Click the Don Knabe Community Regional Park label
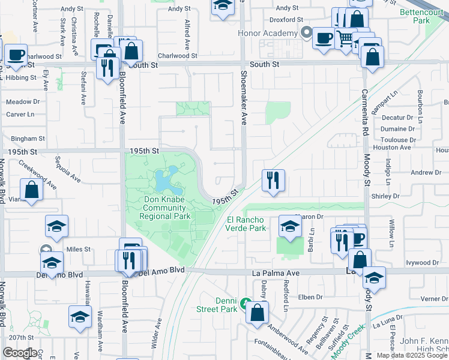165,208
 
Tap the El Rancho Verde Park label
246,224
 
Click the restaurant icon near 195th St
273,179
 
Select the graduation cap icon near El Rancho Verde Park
290,227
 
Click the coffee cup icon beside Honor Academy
324,38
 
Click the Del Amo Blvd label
161,272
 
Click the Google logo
20,352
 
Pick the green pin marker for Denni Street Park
245,304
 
